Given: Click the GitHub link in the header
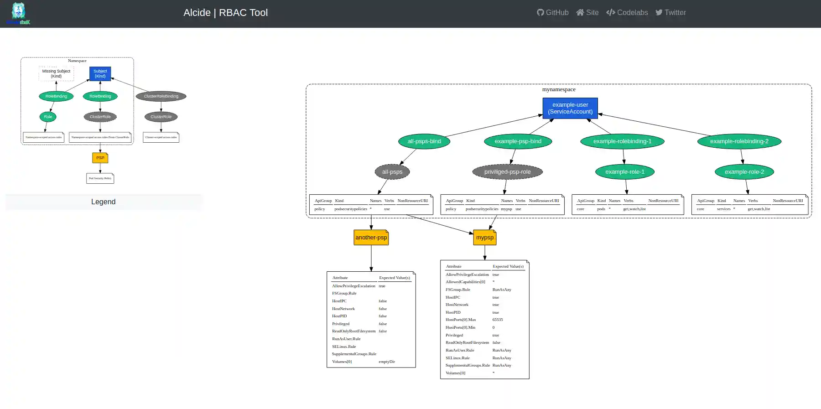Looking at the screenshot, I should (553, 13).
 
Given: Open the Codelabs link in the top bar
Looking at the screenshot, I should (627, 13).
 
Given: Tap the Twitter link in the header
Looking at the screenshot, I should (670, 13).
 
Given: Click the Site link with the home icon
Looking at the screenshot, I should (587, 13).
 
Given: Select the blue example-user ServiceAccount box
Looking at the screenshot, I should (570, 108).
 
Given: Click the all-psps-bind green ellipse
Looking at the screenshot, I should (424, 141).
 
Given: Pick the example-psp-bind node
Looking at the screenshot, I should (518, 141).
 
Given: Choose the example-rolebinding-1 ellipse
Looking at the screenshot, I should (622, 141).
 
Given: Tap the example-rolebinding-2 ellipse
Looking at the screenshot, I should (739, 141).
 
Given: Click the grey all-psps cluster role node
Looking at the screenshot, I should (392, 172).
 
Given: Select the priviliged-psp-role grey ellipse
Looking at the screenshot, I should (507, 172).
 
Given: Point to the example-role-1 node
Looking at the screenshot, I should (624, 172).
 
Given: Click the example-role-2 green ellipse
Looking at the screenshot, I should (744, 172).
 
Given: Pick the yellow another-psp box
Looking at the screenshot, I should (371, 238).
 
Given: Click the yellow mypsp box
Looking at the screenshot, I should (485, 238).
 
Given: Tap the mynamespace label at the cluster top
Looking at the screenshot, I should (559, 89).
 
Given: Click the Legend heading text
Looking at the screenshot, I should (103, 202).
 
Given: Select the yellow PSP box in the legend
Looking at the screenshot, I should (100, 158).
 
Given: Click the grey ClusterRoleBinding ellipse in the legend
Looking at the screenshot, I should (161, 96).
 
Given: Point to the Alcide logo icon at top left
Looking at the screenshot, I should (18, 13).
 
